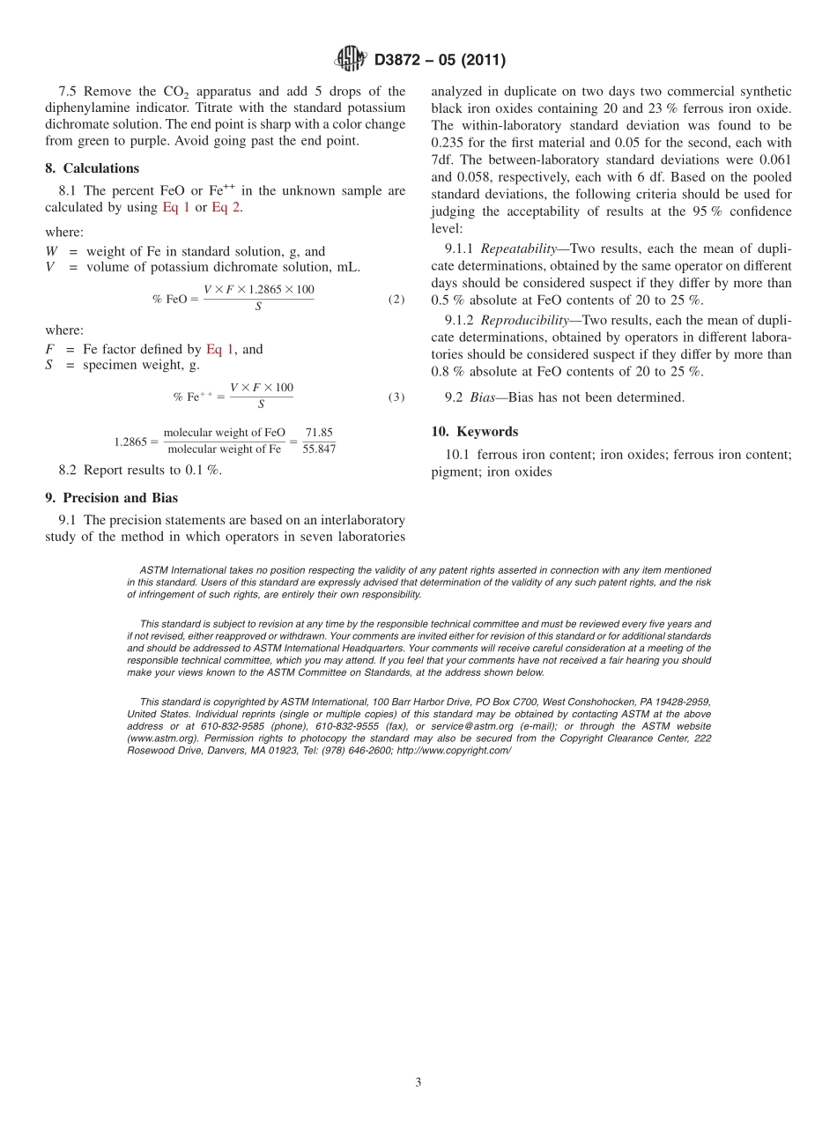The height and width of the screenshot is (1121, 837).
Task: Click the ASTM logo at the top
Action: (351, 60)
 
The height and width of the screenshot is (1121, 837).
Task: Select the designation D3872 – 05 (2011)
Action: (440, 61)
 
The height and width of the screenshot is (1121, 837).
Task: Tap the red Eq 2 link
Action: (226, 207)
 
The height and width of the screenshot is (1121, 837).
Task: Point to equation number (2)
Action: (396, 300)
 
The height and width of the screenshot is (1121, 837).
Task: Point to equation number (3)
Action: (396, 397)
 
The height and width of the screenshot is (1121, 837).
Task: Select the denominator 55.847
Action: (319, 449)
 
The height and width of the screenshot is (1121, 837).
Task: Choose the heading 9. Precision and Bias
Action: (111, 498)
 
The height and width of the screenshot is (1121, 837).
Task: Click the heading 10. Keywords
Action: (475, 432)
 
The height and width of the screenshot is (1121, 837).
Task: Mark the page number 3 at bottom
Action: (418, 1083)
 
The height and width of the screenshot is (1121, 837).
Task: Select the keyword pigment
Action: (454, 471)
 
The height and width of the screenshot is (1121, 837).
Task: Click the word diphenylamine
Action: (92, 108)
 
